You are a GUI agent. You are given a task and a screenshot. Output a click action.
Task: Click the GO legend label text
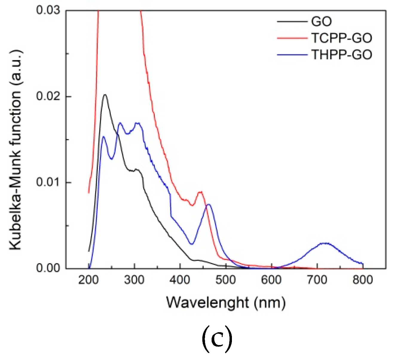[x=321, y=22]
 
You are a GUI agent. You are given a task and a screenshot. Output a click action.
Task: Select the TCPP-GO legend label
[x=342, y=38]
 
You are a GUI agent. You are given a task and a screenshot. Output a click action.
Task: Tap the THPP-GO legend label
[x=342, y=55]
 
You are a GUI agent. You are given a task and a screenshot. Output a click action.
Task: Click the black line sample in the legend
[x=292, y=22]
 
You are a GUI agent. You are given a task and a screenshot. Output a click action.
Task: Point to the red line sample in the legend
[x=292, y=38]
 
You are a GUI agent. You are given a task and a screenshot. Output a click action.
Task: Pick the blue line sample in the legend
[x=292, y=55]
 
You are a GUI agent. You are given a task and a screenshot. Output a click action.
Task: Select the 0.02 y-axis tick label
[x=48, y=96]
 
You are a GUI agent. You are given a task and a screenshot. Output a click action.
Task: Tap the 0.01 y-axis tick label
[x=48, y=182]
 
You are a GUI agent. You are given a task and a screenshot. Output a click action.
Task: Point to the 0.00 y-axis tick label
[x=48, y=268]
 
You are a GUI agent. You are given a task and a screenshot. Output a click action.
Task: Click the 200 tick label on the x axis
[x=89, y=280]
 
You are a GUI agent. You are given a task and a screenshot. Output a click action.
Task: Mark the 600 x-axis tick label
[x=271, y=280]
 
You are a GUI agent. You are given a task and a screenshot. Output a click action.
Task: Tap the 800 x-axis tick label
[x=363, y=280]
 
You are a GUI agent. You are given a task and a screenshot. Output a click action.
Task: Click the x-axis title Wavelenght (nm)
[x=226, y=303]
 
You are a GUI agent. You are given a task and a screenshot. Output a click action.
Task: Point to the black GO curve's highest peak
[x=105, y=95]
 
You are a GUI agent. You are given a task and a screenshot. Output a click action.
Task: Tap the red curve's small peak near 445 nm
[x=200, y=192]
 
